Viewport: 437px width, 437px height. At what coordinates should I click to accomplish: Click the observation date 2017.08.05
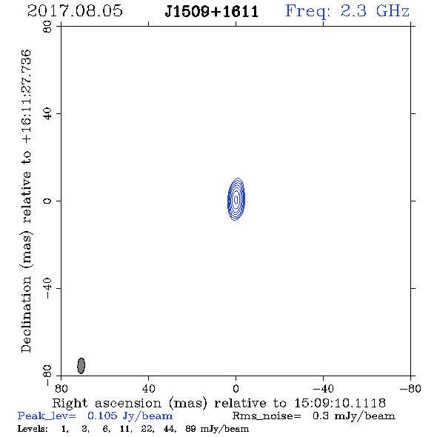(x=75, y=11)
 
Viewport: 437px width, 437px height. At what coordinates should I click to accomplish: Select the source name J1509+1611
(x=212, y=12)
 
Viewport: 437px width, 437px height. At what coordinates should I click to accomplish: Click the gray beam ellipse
(x=81, y=366)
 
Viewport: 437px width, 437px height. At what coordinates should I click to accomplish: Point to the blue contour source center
(x=236, y=199)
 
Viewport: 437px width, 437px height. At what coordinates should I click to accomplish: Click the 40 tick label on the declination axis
(x=47, y=114)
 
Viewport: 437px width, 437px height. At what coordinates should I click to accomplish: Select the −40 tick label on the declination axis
(x=47, y=288)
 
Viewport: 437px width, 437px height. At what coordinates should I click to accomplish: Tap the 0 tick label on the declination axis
(x=47, y=201)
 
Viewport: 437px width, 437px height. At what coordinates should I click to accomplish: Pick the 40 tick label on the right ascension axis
(x=148, y=388)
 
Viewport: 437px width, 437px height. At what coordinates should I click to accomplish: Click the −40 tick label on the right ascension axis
(x=323, y=388)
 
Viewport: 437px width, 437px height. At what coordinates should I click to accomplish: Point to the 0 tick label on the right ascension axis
(x=236, y=388)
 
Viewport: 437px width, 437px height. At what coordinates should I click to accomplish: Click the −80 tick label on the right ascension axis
(x=410, y=388)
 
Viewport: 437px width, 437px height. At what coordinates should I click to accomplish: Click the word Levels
(x=33, y=429)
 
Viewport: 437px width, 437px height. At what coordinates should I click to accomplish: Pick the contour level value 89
(x=190, y=429)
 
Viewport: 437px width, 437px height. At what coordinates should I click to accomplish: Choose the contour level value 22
(x=147, y=429)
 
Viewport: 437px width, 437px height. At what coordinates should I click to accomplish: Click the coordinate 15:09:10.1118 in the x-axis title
(x=340, y=403)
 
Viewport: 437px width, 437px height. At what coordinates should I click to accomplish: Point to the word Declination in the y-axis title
(x=26, y=314)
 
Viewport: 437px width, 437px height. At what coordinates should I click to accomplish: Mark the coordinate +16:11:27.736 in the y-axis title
(x=27, y=96)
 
